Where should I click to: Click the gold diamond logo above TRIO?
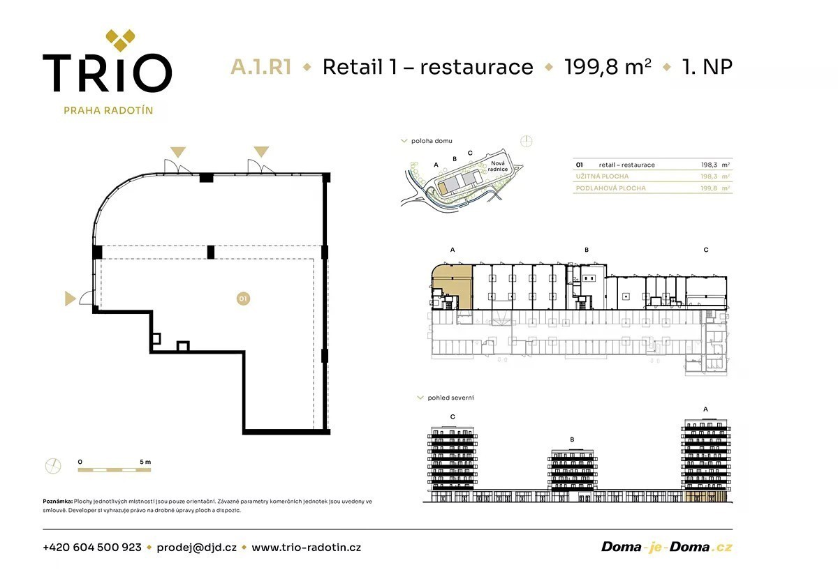coord(120,40)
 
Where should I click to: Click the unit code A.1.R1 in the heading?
coord(260,67)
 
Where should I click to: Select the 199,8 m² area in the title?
coord(608,67)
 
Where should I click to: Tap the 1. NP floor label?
coord(707,67)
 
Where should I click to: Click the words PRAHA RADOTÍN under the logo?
coord(108,111)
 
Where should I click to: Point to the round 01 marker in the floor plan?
coord(243,299)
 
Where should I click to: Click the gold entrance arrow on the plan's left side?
coord(70,298)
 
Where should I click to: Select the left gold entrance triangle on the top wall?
coord(177,152)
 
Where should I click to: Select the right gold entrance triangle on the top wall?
coord(261,151)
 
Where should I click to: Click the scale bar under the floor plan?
coord(114,469)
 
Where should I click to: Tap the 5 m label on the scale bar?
coord(145,462)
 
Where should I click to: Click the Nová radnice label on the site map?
coord(497,166)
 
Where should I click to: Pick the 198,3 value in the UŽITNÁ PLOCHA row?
coord(709,176)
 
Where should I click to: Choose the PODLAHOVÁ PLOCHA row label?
coord(610,188)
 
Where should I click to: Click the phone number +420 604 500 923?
coord(92,548)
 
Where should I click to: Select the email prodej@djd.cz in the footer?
coord(196,548)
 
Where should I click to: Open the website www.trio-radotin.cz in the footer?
coord(306,548)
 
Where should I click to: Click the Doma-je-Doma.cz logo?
coord(666,547)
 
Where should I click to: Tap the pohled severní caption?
coord(450,398)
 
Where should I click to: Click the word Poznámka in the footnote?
coord(57,502)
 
